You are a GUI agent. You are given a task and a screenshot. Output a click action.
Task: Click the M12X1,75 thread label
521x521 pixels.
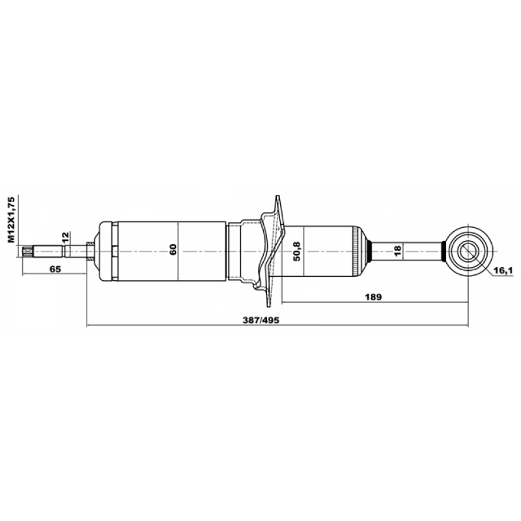click(12, 219)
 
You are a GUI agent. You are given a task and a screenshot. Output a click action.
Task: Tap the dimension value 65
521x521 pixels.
click(55, 269)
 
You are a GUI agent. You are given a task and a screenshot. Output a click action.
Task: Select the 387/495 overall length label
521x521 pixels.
click(261, 320)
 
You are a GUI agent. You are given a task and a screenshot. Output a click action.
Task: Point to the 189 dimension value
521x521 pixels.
click(373, 297)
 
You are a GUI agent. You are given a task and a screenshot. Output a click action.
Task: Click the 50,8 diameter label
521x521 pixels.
click(296, 251)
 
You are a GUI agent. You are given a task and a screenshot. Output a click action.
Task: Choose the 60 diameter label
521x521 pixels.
click(173, 249)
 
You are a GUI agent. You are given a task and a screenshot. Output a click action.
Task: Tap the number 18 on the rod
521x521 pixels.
click(397, 251)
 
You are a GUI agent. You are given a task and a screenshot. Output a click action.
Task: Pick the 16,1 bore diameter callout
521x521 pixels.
click(503, 271)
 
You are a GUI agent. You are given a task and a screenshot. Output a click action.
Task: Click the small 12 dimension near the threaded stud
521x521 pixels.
click(65, 237)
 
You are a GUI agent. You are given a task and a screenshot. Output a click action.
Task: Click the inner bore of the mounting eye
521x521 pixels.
click(469, 251)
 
